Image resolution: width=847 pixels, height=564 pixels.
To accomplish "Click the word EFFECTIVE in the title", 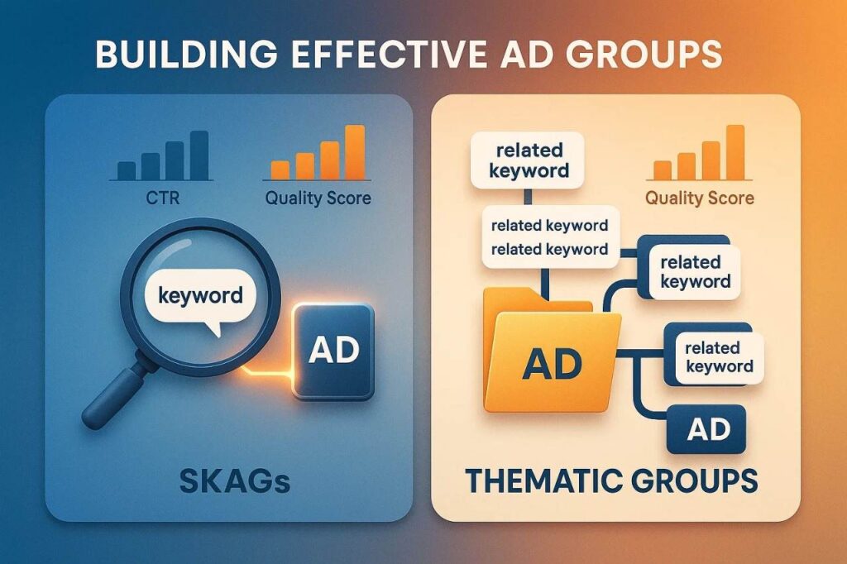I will click(x=342, y=55).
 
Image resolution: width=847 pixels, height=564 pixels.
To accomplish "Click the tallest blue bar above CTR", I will click(x=198, y=155).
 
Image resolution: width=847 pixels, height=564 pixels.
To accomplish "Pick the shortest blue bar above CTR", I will click(x=127, y=170).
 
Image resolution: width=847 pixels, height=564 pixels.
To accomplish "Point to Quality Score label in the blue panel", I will click(x=318, y=198).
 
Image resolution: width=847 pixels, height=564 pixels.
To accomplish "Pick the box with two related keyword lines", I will click(x=549, y=237).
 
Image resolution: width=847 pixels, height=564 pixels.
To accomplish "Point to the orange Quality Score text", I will click(x=699, y=198).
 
